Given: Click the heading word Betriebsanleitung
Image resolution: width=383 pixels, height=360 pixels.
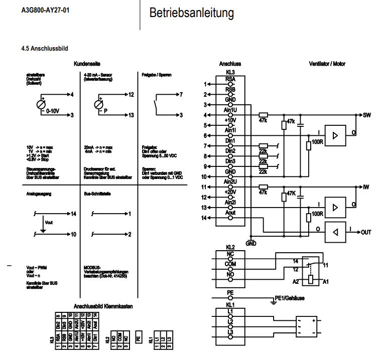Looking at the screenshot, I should (x=191, y=14).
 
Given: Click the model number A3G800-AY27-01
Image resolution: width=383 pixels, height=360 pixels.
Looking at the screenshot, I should (x=45, y=10).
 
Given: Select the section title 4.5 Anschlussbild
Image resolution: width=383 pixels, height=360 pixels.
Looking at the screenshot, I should (x=45, y=49).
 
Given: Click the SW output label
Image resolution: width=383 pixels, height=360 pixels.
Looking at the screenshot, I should (x=366, y=115).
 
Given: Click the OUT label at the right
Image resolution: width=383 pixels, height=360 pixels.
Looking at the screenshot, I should (x=366, y=232).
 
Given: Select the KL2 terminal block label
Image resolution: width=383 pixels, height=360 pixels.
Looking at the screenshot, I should (x=230, y=247).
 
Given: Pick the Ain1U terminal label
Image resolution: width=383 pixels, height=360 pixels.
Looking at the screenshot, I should (x=230, y=110).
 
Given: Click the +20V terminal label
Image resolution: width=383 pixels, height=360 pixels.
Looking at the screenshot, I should (x=230, y=192).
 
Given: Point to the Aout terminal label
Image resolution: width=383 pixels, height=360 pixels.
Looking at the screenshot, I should (x=230, y=213).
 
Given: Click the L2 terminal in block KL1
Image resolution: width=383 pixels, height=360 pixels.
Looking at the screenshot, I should (x=230, y=321).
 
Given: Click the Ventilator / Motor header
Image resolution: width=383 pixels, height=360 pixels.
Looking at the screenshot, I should (x=327, y=64).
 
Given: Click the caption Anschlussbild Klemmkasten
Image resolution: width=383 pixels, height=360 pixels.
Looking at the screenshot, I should (x=103, y=305).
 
